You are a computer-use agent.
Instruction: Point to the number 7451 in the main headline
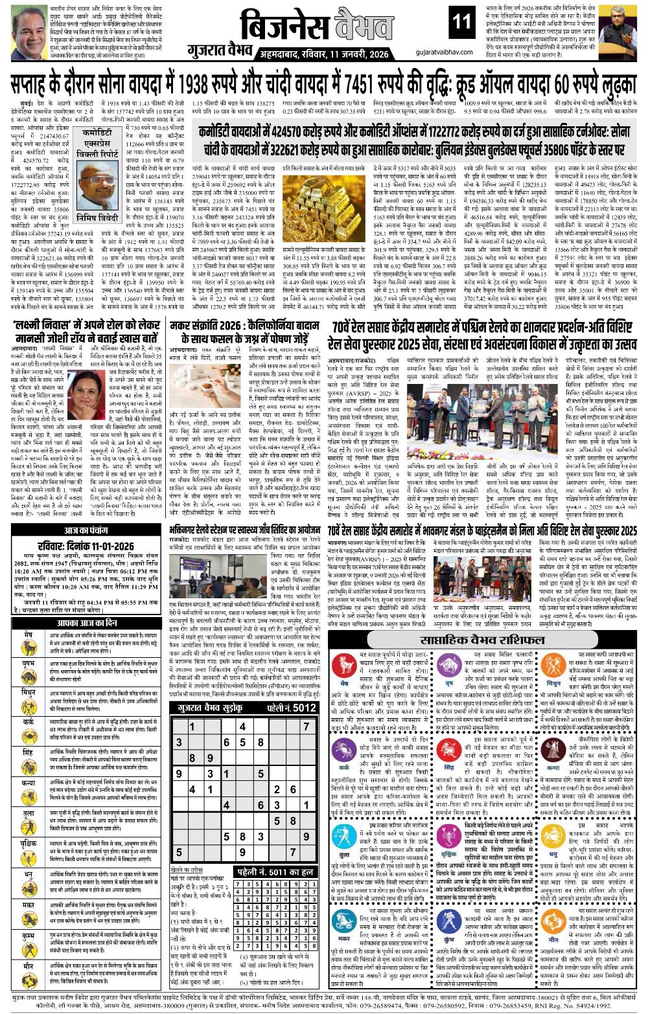376,84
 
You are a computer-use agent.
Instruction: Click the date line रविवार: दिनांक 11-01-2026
86,546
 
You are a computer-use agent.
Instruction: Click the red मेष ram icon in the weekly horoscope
343,666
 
